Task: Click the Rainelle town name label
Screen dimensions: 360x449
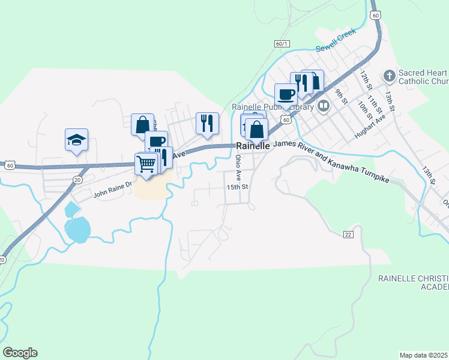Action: click(253, 146)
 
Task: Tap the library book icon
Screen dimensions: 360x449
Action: click(324, 107)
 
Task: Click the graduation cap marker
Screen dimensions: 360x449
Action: click(76, 140)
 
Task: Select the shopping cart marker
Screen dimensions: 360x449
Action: click(146, 163)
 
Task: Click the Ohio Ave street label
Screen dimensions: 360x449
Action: click(238, 167)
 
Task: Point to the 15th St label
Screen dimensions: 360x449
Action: click(238, 187)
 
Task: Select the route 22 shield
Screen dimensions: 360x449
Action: click(348, 233)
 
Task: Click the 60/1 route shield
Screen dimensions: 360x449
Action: click(282, 44)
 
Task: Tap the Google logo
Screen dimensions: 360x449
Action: click(20, 353)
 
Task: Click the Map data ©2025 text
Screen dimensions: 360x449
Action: click(424, 355)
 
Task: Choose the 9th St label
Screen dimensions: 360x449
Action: click(342, 95)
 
